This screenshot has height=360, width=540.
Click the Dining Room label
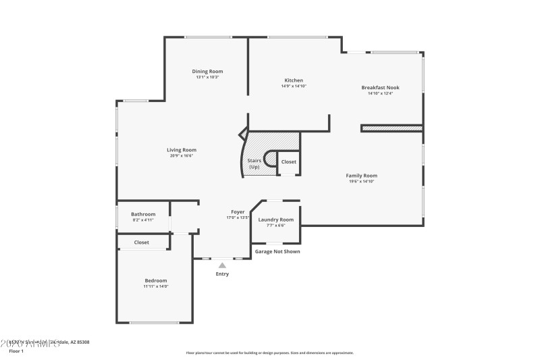207,71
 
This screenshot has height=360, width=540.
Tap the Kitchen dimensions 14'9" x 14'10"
294,86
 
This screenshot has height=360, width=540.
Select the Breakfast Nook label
380,87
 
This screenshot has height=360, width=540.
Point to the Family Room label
361,175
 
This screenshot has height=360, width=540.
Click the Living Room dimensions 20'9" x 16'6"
182,156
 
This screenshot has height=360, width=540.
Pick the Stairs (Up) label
254,163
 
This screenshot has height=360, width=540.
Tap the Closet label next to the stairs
288,162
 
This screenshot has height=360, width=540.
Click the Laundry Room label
275,220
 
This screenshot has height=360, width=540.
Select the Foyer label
238,212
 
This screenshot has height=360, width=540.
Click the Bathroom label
143,214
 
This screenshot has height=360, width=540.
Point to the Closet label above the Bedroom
142,242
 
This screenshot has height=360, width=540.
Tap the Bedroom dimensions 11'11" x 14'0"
155,286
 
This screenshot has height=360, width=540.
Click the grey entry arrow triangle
222,265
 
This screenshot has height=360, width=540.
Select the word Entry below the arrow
222,274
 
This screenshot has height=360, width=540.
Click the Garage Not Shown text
277,251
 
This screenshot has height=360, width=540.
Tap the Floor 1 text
16,351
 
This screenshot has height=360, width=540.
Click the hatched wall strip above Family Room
391,128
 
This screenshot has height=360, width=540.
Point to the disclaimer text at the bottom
269,353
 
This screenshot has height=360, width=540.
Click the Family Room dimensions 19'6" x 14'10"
361,181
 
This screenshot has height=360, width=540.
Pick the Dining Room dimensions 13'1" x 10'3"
207,77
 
